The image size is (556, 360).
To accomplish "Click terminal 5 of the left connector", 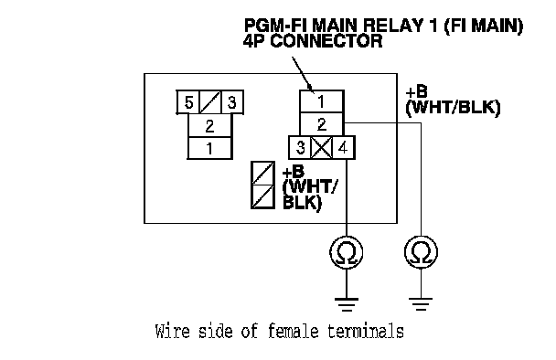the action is [188, 102].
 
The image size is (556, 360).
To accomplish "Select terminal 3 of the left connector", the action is [232, 102].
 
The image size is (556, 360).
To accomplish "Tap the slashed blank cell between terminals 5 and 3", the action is [210, 102].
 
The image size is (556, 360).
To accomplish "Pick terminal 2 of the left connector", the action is [209, 126].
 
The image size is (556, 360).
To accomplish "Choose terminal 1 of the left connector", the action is [209, 148].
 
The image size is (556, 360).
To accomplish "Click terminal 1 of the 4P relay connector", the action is [322, 101].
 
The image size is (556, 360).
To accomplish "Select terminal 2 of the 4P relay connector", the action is [322, 124].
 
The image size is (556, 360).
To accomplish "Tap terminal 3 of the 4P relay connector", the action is [300, 147].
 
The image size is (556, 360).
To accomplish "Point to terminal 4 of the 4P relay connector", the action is [343, 147].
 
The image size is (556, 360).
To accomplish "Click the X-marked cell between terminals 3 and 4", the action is [322, 147].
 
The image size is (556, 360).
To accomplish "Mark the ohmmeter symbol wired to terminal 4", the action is [347, 252].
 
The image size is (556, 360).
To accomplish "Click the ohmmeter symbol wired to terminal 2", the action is [421, 252].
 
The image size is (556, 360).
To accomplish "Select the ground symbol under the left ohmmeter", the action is [347, 304].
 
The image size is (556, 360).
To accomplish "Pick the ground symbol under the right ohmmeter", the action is [421, 304].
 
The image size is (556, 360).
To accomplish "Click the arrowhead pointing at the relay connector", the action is [310, 89].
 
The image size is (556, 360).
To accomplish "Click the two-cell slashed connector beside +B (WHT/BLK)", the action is [262, 185].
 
